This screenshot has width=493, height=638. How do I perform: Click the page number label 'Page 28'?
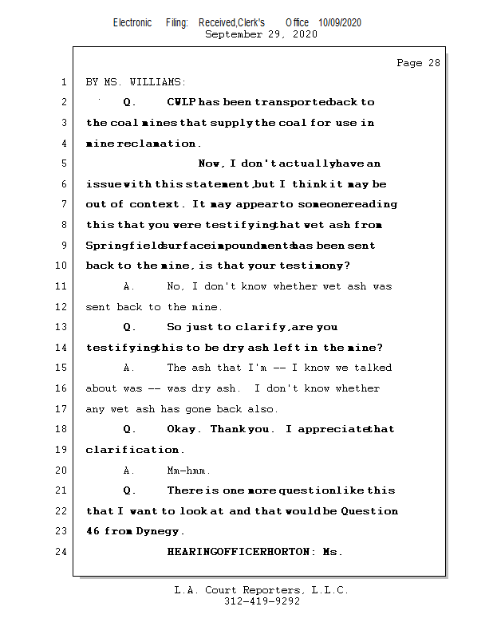click(418, 63)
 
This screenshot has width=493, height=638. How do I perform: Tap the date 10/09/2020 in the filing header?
click(339, 23)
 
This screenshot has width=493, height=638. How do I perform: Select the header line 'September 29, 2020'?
click(261, 34)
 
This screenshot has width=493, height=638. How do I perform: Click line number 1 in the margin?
click(62, 82)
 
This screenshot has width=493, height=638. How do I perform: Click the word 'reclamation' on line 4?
click(157, 144)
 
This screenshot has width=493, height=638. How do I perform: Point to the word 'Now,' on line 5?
click(211, 164)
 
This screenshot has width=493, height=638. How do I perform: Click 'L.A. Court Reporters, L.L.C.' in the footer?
click(261, 590)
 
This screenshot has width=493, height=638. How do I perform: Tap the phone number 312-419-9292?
click(262, 601)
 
